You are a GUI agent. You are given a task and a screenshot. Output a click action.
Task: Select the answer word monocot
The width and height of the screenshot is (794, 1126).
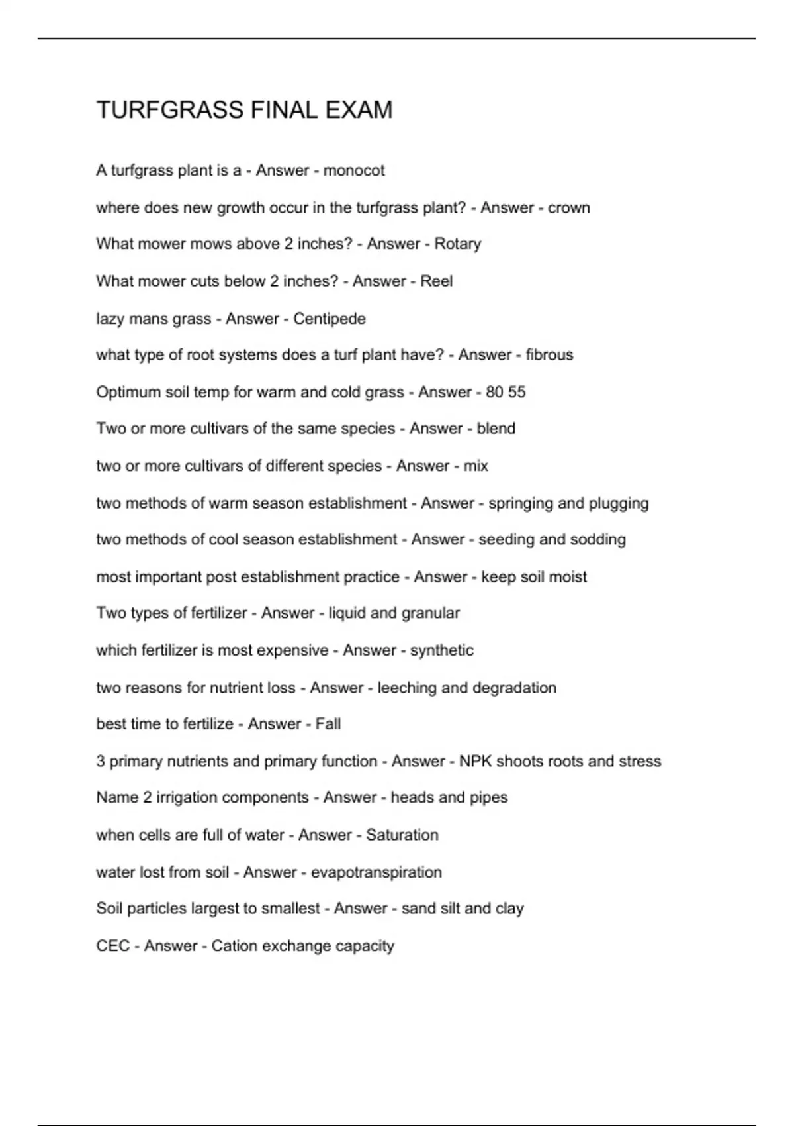353,171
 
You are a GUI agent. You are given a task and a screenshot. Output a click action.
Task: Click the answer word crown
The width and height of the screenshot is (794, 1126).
568,208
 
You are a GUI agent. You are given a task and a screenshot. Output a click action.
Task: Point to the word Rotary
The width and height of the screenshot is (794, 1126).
457,244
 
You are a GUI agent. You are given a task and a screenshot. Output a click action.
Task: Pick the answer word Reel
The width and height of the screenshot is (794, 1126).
436,281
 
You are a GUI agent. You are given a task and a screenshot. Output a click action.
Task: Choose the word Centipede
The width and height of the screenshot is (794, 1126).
329,319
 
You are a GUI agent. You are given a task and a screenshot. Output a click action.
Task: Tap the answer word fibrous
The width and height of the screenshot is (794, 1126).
549,355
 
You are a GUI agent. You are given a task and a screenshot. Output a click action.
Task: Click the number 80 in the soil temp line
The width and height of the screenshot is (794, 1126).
494,392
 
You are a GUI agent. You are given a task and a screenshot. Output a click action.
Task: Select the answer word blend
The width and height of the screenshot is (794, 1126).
496,429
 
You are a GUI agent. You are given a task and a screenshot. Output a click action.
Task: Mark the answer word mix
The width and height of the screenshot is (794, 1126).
476,466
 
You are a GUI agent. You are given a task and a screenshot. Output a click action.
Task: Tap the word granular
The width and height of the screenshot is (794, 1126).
430,613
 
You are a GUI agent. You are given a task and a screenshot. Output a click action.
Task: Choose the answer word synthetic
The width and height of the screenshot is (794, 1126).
441,650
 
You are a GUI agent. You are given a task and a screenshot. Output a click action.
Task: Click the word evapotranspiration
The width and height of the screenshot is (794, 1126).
376,872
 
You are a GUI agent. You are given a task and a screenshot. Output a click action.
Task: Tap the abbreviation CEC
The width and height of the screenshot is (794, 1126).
112,946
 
